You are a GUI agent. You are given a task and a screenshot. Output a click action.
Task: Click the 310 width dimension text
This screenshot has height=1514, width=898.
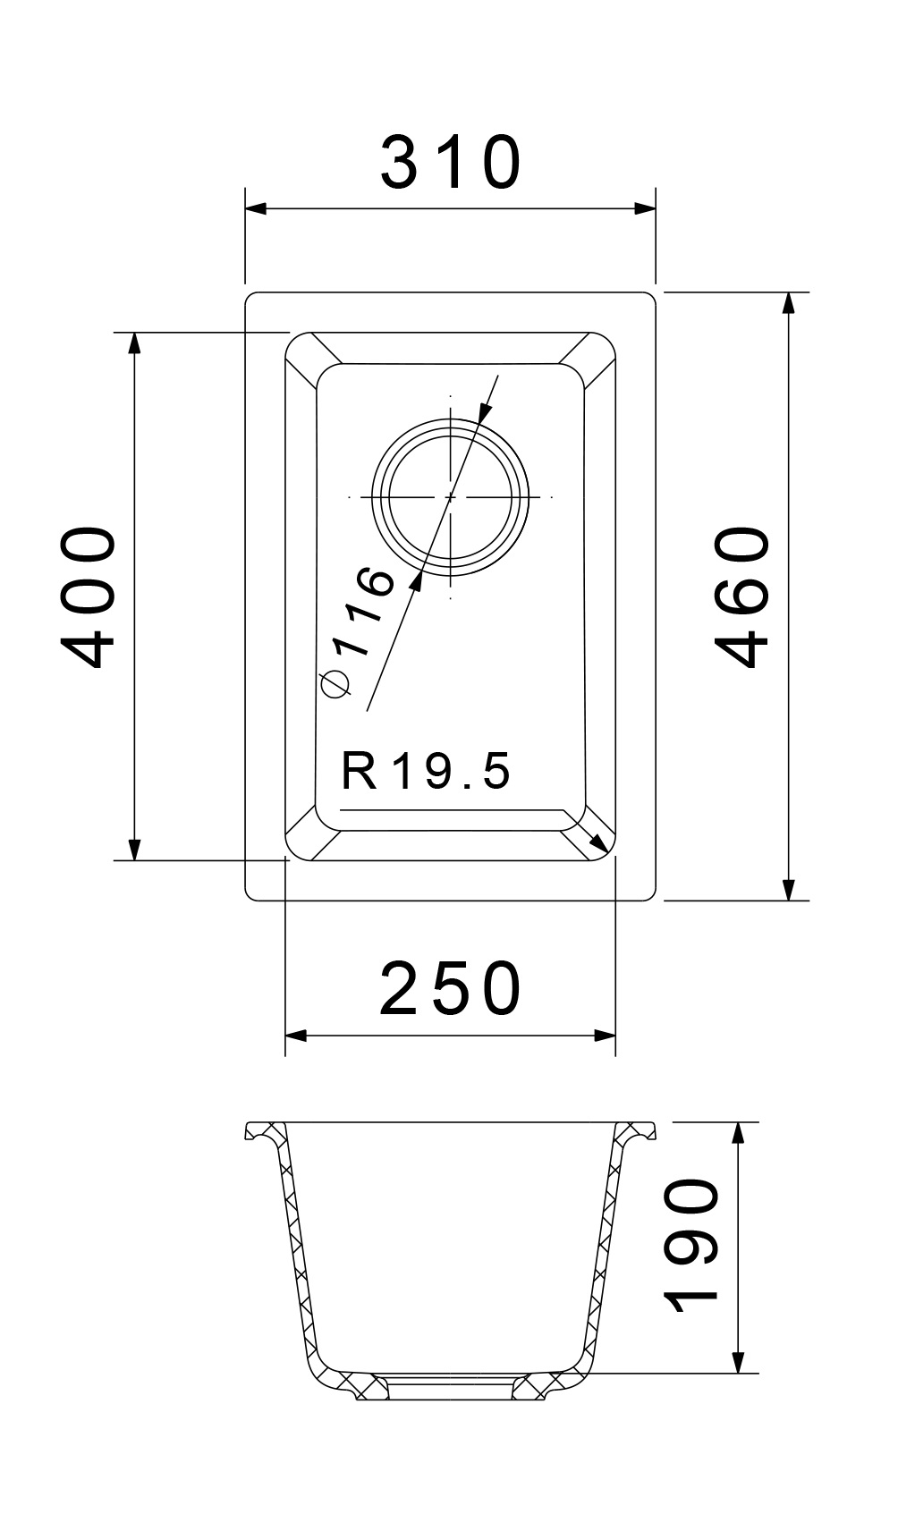click(x=450, y=163)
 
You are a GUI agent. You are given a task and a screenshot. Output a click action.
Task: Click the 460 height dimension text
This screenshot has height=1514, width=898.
click(x=744, y=596)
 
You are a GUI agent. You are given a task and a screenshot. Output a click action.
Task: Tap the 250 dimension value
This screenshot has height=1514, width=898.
click(x=450, y=989)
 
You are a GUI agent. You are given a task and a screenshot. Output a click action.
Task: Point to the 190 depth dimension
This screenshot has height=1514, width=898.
click(x=693, y=1248)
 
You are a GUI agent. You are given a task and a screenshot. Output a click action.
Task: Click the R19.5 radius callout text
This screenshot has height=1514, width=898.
click(x=426, y=771)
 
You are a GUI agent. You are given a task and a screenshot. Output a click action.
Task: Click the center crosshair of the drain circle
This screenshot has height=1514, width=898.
click(x=450, y=496)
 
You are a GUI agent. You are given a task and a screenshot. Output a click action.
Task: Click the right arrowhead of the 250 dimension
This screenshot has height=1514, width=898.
click(x=606, y=1036)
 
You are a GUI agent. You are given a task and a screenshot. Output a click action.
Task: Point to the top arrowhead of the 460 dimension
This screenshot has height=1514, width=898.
click(x=788, y=304)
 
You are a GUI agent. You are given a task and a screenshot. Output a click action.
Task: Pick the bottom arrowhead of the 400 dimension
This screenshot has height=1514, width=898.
click(x=134, y=850)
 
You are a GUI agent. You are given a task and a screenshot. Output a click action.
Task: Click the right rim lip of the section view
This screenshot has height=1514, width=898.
click(x=641, y=1131)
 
